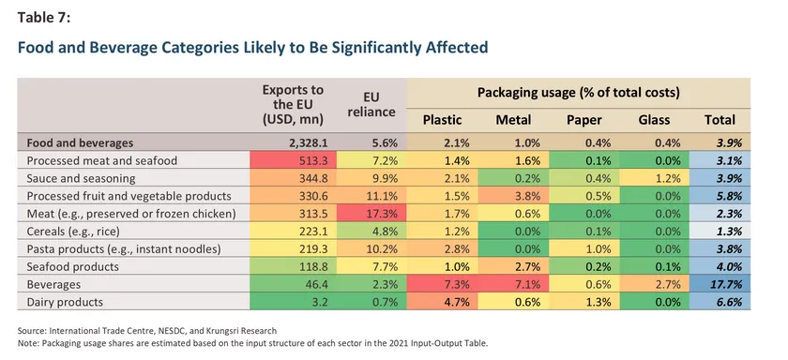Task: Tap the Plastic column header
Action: click(442, 120)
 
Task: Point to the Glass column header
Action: click(655, 120)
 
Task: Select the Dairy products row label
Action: click(65, 302)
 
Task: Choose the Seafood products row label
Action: click(73, 267)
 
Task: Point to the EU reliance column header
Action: click(371, 103)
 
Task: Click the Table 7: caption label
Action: click(44, 17)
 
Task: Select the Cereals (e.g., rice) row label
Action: click(73, 232)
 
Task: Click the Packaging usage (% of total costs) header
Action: click(579, 93)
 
